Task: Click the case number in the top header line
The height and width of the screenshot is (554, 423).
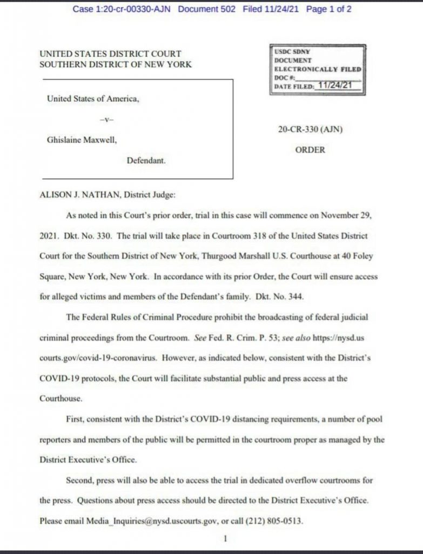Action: pyautogui.click(x=122, y=10)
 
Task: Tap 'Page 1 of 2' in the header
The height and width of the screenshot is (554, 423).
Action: pyautogui.click(x=328, y=10)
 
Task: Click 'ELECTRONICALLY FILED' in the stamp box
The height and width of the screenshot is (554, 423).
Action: pyautogui.click(x=318, y=69)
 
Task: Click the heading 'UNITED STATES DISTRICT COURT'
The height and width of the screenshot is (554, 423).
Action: pyautogui.click(x=110, y=54)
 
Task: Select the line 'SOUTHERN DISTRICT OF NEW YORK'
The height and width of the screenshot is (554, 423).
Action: pyautogui.click(x=115, y=64)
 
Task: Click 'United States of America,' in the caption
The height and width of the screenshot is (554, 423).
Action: pyautogui.click(x=93, y=98)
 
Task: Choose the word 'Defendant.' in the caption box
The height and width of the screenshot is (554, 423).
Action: pyautogui.click(x=146, y=160)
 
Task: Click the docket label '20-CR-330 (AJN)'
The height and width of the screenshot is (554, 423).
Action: pyautogui.click(x=310, y=129)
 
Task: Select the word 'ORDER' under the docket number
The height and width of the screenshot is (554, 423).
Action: pyautogui.click(x=310, y=150)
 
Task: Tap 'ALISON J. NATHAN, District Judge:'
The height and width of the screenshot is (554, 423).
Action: pyautogui.click(x=107, y=195)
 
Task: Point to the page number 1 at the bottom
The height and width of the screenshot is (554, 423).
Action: pyautogui.click(x=225, y=539)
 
